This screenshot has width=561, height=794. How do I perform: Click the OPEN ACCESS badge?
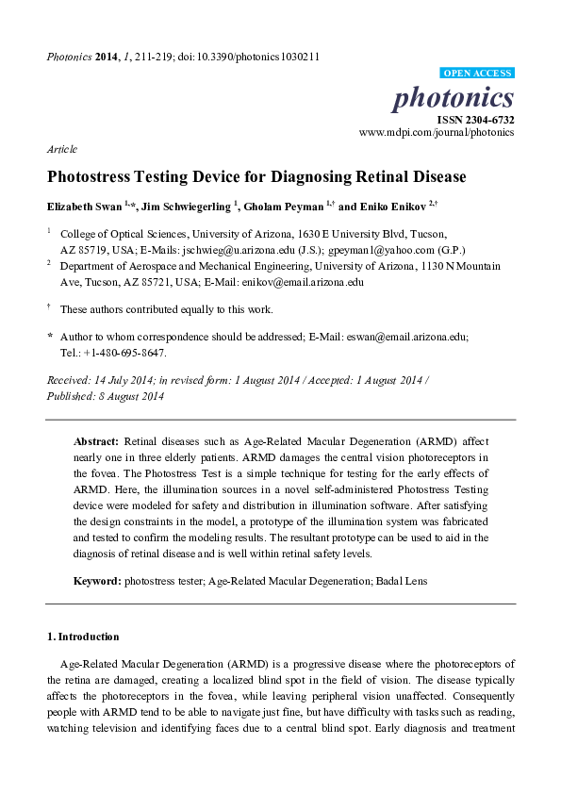[477, 74]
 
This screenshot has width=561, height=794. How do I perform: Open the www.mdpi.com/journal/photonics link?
[437, 133]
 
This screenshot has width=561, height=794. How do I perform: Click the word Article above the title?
[61, 149]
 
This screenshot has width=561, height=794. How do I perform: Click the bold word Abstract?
[95, 441]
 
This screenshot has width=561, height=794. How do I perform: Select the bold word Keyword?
[97, 581]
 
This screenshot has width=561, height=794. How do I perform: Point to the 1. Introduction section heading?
[83, 637]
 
